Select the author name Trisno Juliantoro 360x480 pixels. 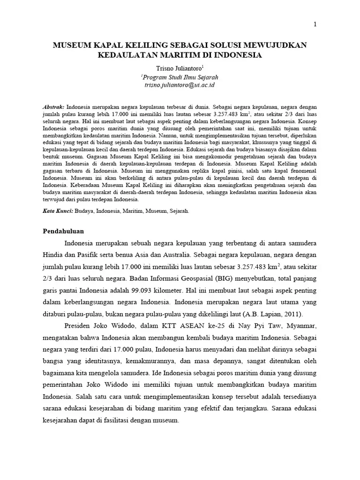pos(179,68)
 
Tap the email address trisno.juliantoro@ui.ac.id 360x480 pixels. pos(180,85)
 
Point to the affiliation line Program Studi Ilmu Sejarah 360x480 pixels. pos(180,77)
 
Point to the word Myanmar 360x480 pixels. pos(300,326)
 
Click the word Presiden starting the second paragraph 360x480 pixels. pos(77,326)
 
